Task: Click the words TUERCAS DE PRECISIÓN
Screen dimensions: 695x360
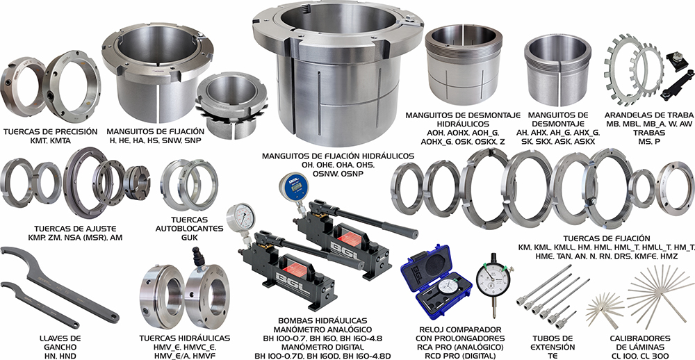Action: tap(50, 131)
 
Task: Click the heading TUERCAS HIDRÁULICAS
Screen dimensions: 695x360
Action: tap(184, 338)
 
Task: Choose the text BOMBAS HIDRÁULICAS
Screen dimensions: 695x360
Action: tap(322, 320)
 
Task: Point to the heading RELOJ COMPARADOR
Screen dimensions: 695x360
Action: tap(460, 330)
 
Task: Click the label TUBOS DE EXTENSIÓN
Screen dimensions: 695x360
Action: tap(553, 343)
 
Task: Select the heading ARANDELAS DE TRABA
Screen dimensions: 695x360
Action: tap(648, 115)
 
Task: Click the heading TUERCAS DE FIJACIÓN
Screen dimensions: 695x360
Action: tap(606, 238)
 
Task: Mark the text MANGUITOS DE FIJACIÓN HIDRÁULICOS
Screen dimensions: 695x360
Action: tap(338, 156)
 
